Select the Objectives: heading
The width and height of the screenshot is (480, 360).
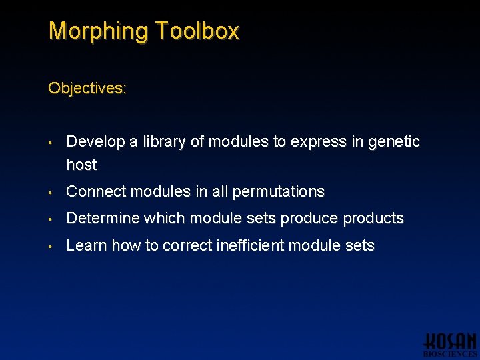point(87,88)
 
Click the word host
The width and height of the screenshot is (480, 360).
point(81,165)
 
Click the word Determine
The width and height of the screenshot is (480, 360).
point(103,219)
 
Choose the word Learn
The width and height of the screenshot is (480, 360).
point(87,245)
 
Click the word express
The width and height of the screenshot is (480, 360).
point(313,142)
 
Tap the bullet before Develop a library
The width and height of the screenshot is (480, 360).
point(50,142)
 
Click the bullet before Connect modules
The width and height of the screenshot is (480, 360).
point(50,192)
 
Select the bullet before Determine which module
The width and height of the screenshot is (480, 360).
point(50,219)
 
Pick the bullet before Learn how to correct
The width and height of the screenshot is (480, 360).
point(50,245)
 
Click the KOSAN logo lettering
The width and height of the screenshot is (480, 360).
point(451,341)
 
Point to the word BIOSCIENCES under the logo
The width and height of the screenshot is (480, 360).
point(451,355)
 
